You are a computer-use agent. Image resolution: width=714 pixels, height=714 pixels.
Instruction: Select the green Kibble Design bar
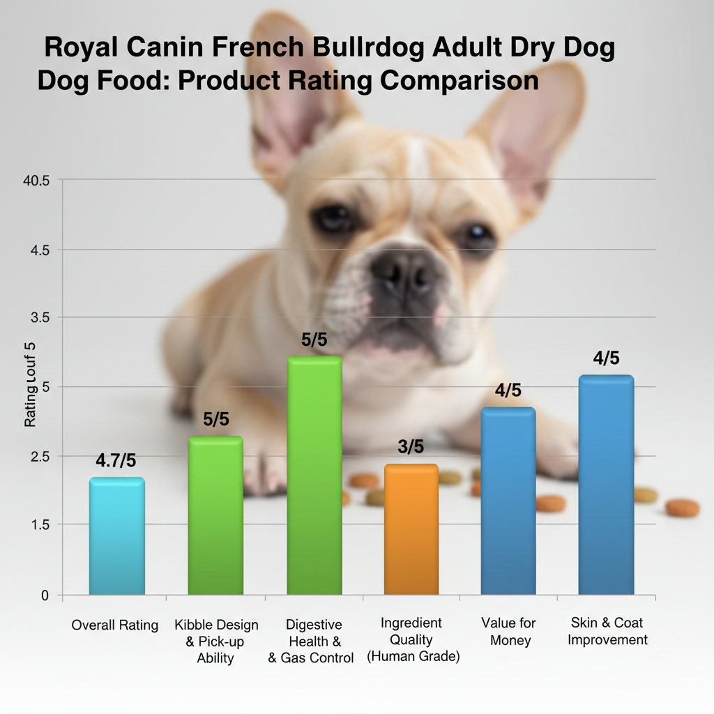215,515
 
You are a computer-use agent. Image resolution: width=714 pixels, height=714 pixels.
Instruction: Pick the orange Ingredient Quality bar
411,529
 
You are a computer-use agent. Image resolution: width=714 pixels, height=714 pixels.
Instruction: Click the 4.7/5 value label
116,461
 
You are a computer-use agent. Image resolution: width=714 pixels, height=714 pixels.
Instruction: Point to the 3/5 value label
411,447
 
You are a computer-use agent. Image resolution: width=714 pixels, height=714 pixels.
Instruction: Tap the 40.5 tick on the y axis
37,181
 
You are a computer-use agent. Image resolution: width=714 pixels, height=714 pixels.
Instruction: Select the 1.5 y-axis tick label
40,524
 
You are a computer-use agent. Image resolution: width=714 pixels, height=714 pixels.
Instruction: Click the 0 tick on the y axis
45,595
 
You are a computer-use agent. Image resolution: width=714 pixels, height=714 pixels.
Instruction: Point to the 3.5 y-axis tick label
40,317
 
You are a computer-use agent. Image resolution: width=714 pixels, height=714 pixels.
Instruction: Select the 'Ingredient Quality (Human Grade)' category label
413,639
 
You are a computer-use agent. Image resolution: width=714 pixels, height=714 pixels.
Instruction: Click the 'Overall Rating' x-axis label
115,625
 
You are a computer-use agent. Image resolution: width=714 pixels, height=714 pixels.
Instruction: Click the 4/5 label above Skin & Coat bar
605,358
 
